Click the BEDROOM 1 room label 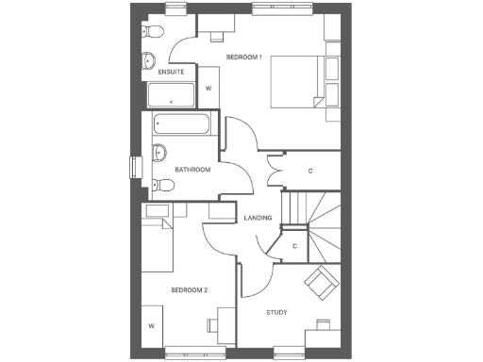coord(242,58)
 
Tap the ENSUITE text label coord(171,72)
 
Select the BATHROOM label coord(192,169)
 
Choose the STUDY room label coord(276,312)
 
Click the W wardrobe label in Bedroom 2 coord(151,327)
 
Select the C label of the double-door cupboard coord(310,170)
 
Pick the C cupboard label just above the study coord(294,246)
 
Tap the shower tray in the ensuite coord(171,95)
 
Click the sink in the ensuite coord(148,63)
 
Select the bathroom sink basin coord(159,153)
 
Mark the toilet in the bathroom coord(158,184)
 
